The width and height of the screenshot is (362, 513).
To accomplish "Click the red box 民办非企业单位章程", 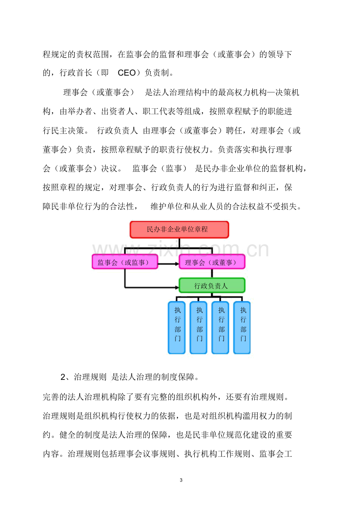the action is (x=179, y=230).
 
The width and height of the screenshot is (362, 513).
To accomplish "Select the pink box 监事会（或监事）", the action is (x=125, y=262).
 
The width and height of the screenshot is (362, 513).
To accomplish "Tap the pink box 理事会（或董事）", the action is (x=212, y=262).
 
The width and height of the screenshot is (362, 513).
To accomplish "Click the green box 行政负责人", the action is (x=212, y=285).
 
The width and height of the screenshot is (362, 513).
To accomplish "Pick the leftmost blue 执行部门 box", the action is (x=176, y=328).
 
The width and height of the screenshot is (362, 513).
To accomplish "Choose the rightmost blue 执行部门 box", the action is (x=242, y=328).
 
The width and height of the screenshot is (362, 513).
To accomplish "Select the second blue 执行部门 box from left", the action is (x=198, y=328).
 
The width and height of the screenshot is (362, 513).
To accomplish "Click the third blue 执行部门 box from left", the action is (x=220, y=328).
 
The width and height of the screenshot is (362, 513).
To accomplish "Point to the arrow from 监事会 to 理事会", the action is (x=168, y=264).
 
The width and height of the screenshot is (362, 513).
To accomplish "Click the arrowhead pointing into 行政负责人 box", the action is (x=177, y=287).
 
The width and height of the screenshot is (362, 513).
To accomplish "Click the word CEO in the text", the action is (x=127, y=73).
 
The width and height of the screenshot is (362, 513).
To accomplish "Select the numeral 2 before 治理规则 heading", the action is (x=63, y=377).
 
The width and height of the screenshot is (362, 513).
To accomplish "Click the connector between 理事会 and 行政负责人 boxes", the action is (x=212, y=274).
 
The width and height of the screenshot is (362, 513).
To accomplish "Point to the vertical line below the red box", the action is (x=179, y=243).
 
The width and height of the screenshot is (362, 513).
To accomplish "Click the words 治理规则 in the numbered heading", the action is (x=90, y=377).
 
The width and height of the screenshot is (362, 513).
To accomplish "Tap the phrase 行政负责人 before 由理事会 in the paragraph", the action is (x=117, y=131).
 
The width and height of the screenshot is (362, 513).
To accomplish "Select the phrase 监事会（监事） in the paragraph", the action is (x=159, y=169).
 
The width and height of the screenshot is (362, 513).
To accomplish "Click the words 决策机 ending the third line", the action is (x=287, y=93).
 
